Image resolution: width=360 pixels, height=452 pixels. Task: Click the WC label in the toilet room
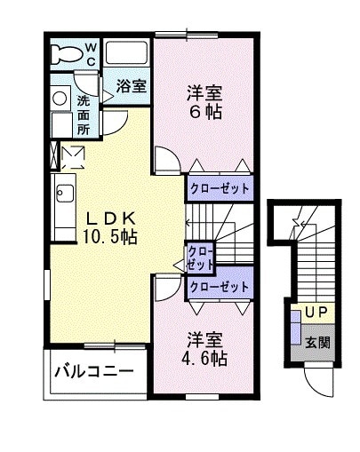[x=92, y=52]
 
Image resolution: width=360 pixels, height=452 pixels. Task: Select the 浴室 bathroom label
[x=132, y=86]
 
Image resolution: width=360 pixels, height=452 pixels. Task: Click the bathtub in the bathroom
[x=127, y=53]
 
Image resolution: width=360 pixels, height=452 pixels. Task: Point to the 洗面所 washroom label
[x=83, y=114]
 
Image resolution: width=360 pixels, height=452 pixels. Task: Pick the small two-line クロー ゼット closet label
[x=200, y=258]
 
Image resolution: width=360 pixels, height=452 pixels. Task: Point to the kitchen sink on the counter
[x=63, y=192]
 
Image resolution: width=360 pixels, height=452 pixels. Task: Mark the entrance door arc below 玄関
[x=316, y=380]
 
